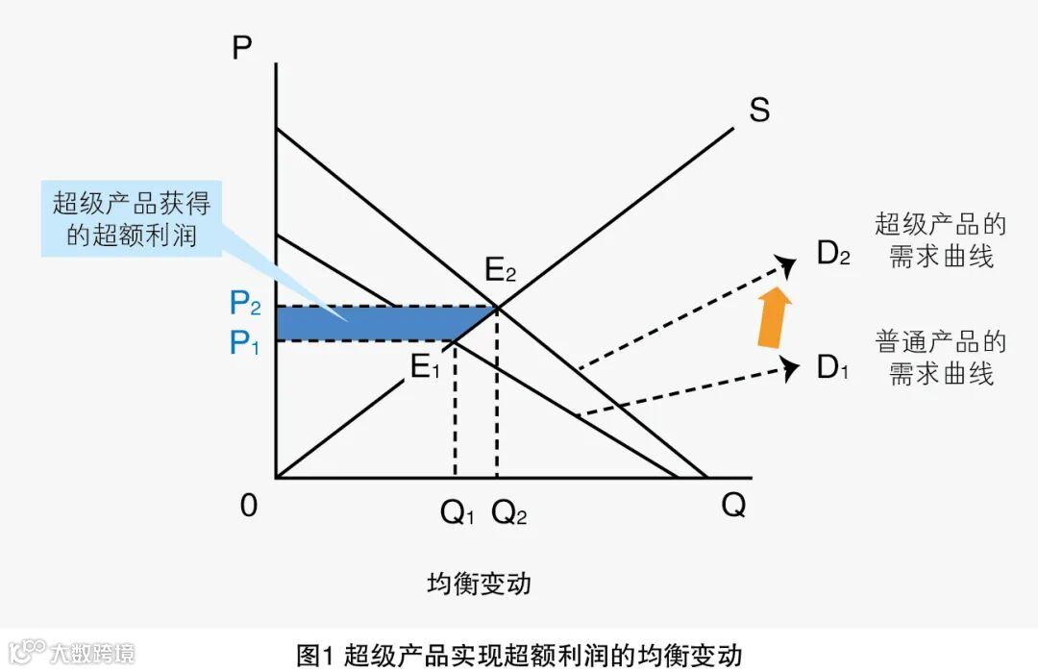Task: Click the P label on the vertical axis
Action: [x=242, y=48]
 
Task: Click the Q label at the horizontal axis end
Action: [x=733, y=505]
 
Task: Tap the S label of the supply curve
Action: [x=759, y=112]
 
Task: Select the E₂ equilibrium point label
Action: [x=501, y=271]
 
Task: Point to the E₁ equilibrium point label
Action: [x=425, y=367]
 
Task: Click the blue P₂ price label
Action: [x=245, y=305]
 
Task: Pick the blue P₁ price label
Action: [x=245, y=343]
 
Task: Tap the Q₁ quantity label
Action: [x=457, y=513]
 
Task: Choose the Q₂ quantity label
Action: [x=509, y=513]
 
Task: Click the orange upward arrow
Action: [x=775, y=316]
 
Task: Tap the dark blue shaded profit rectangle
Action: [x=384, y=323]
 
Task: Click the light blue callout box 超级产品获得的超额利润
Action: [x=131, y=218]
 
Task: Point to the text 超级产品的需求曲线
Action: [x=940, y=240]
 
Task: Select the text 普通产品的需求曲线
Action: [x=940, y=357]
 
